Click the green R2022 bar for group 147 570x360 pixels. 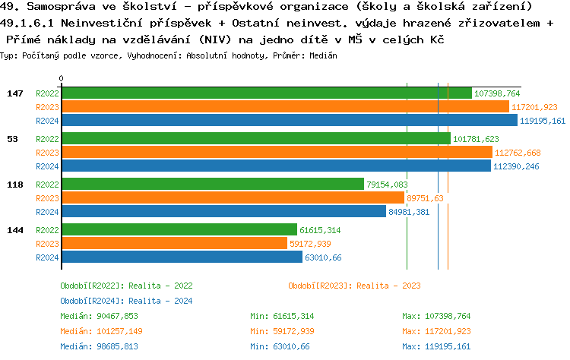tap(266, 93)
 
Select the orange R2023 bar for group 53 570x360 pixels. tap(277, 152)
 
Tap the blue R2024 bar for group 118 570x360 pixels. tap(223, 211)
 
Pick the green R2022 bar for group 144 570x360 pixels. tap(179, 229)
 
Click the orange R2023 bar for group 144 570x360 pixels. tap(174, 243)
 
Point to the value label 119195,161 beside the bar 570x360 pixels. tap(543, 121)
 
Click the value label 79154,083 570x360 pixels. tap(387, 185)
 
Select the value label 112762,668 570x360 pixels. tap(518, 153)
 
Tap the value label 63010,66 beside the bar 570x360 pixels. tap(323, 257)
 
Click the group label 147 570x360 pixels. tap(14, 93)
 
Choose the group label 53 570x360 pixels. tap(12, 139)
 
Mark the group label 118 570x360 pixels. tap(14, 185)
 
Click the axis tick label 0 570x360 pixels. tap(61, 78)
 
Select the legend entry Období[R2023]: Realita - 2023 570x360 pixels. tap(354, 286)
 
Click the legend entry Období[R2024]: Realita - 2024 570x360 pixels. tap(126, 301)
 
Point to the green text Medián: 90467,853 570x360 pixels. tap(99, 316)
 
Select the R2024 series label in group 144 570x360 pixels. tap(47, 257)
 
